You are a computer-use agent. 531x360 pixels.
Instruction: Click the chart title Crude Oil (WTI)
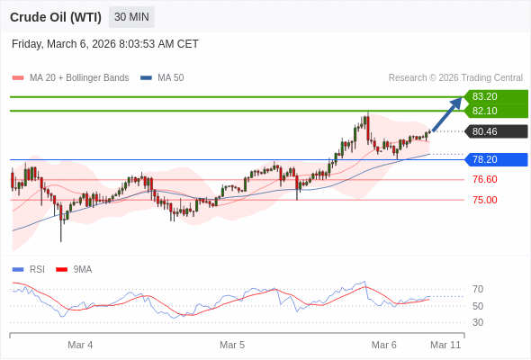(x=56, y=17)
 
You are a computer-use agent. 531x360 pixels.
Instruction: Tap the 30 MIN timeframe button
(x=131, y=17)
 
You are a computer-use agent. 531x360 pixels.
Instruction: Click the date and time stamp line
(x=105, y=44)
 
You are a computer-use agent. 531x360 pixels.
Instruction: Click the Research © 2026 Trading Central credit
(x=455, y=78)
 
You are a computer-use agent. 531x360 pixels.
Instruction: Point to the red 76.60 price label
(x=484, y=179)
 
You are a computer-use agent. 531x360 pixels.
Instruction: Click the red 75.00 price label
(x=484, y=200)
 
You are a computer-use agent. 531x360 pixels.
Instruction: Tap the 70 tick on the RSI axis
(x=478, y=289)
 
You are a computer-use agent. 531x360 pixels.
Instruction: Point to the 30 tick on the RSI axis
(x=478, y=322)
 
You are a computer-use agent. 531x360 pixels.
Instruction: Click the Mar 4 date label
(x=80, y=345)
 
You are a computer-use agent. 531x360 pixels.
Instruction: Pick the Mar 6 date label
(x=384, y=345)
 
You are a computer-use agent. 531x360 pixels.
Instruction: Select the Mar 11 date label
(x=445, y=345)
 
